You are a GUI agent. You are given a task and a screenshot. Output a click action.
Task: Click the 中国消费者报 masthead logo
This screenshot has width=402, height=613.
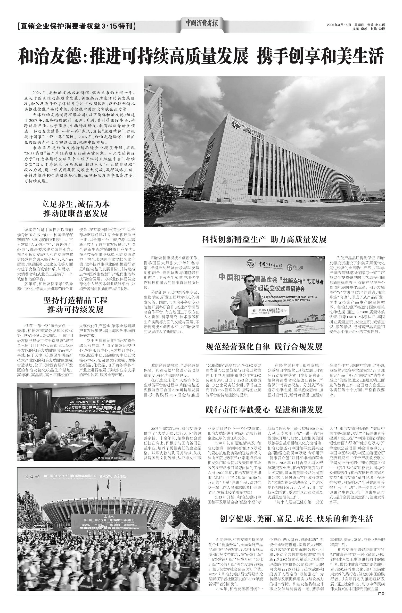(x=202, y=24)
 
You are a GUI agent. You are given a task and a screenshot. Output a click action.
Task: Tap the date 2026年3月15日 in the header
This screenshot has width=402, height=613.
(x=339, y=25)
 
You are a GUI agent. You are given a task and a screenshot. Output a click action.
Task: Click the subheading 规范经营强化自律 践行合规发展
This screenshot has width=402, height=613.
(x=264, y=347)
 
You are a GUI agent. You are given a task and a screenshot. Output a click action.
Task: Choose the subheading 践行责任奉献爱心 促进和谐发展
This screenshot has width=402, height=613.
(x=264, y=410)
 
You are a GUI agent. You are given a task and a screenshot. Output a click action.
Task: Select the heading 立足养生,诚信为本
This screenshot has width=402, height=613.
(x=76, y=204)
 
